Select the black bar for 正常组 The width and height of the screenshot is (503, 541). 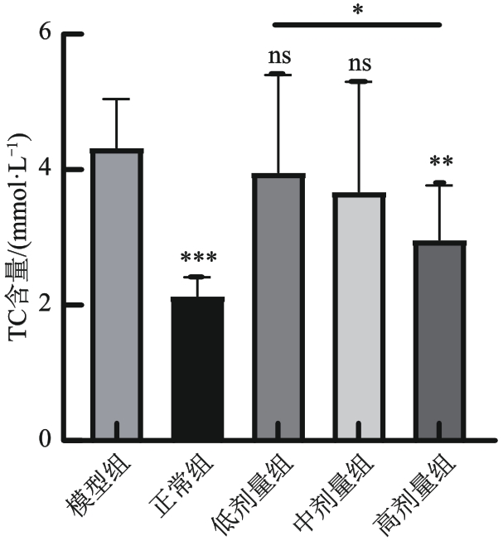[197, 368]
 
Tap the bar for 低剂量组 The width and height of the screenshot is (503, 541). [278, 307]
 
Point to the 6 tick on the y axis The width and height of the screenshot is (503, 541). [51, 34]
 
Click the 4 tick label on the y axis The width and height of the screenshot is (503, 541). [51, 170]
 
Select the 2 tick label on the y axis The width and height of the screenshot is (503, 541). [51, 305]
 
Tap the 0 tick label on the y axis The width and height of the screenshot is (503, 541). [51, 440]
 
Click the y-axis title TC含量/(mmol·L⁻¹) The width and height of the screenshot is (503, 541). [20, 236]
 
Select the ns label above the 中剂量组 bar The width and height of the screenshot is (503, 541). [359, 64]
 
